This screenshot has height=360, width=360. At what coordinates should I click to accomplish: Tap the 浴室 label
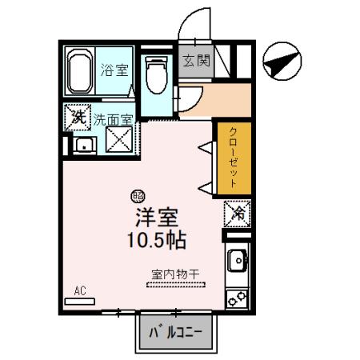114,70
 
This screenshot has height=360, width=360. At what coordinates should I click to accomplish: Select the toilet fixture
154,76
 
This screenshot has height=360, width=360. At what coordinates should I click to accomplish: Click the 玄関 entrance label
194,62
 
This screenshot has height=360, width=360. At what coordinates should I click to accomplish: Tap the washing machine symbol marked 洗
78,118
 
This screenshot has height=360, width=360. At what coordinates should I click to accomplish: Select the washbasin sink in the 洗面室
82,146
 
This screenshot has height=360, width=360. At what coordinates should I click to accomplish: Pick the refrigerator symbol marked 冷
238,213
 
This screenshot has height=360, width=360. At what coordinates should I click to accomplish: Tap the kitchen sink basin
238,260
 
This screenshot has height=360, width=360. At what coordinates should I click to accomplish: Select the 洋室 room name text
155,217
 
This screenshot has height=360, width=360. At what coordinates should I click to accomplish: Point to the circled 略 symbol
138,194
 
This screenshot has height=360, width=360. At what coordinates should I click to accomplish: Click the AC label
81,290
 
